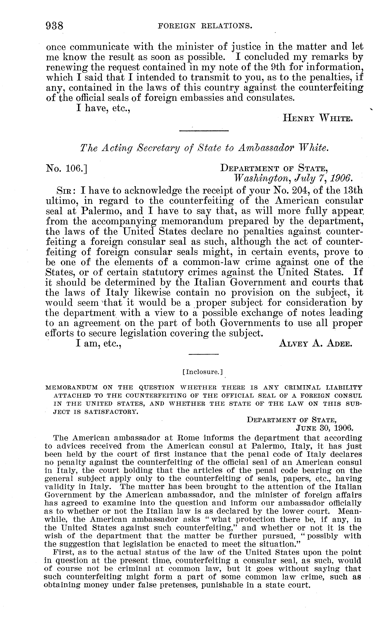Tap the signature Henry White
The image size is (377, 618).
click(x=317, y=118)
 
